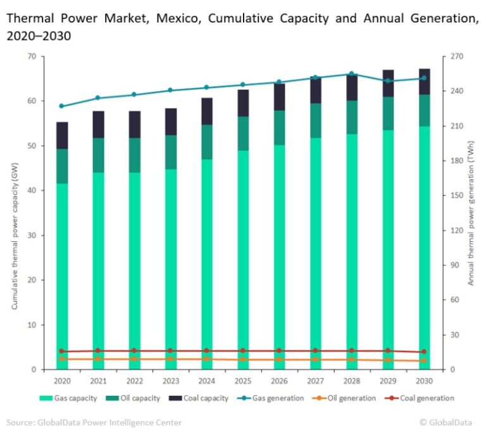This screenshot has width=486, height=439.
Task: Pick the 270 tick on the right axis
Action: click(456, 56)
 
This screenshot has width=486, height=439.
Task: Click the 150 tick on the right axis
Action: click(456, 196)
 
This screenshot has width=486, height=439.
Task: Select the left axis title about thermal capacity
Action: click(15, 213)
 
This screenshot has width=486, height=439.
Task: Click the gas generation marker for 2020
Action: click(62, 106)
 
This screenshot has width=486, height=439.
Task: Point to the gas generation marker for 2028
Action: click(352, 74)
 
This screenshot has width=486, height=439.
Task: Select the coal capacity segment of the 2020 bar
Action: click(62, 136)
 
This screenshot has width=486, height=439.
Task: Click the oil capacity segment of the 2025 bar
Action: click(243, 134)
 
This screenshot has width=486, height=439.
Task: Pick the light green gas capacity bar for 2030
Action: click(424, 247)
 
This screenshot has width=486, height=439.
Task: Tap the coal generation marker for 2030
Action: click(424, 352)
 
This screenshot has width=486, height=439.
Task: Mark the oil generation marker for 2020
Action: click(62, 359)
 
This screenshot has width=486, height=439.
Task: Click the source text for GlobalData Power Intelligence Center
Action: click(94, 422)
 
